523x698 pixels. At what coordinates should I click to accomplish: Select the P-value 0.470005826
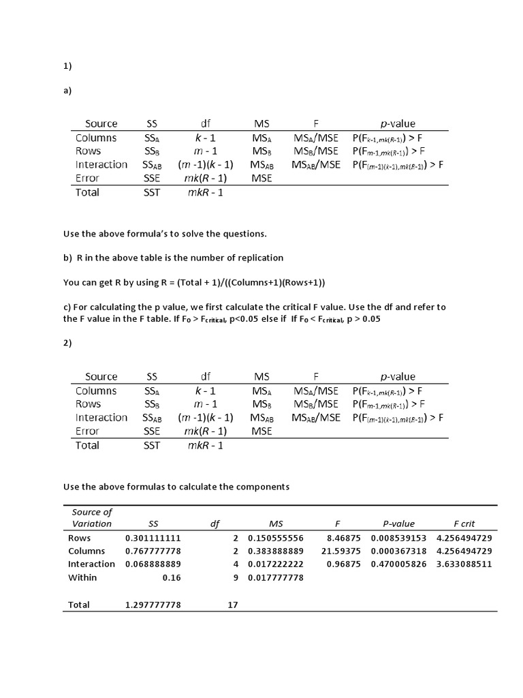[x=398, y=564]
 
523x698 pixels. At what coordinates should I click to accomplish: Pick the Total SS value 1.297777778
[x=153, y=605]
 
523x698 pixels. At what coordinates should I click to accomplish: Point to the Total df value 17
[x=232, y=605]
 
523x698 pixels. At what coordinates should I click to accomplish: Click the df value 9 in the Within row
[x=235, y=577]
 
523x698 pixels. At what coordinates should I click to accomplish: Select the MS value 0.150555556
[x=275, y=538]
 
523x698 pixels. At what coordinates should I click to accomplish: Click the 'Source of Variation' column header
[x=91, y=517]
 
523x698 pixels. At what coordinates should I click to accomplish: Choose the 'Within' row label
[x=82, y=577]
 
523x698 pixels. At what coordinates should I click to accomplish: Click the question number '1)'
[x=67, y=66]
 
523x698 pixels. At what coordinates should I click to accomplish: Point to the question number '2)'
[x=67, y=343]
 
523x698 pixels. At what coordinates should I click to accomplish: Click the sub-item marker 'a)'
[x=67, y=90]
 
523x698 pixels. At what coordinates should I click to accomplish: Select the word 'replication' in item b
[x=259, y=258]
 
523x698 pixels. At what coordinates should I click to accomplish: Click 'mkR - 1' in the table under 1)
[x=205, y=192]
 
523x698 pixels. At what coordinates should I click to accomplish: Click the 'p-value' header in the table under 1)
[x=398, y=123]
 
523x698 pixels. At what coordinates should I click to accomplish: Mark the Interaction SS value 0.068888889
[x=153, y=564]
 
